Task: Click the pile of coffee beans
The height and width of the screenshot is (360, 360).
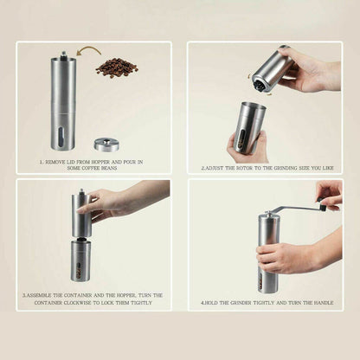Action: [116, 67]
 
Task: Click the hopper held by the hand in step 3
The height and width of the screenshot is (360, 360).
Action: [80, 212]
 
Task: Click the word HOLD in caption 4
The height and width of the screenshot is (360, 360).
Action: [215, 303]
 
